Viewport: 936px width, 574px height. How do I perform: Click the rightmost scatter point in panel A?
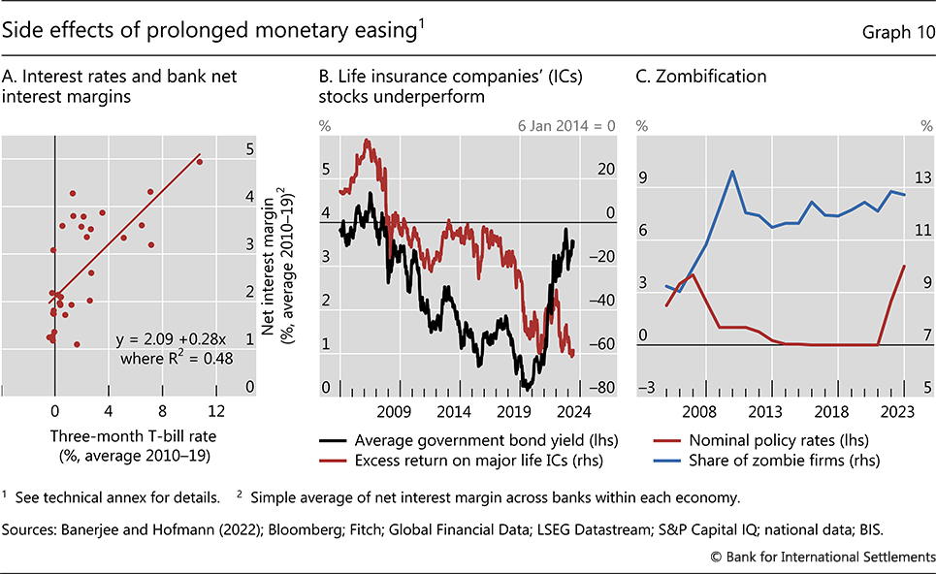200,161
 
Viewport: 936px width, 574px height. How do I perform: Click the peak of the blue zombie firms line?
732,172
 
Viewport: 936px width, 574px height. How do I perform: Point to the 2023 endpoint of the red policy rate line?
904,266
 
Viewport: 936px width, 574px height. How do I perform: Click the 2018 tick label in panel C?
827,410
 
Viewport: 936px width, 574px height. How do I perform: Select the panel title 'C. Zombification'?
701,76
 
